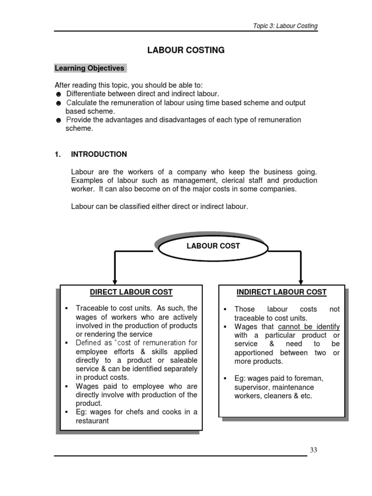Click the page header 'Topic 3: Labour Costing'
coord(285,26)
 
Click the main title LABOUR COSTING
coord(186,50)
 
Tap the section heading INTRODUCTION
coord(99,155)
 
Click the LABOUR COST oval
coord(213,246)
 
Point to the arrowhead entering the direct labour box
coord(114,279)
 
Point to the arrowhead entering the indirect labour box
coord(301,279)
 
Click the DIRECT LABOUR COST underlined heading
coord(131,292)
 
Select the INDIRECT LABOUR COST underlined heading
coord(281,292)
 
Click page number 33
coord(313,450)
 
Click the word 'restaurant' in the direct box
coord(93,421)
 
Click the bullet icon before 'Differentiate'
coord(58,94)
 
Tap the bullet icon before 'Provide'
coord(58,120)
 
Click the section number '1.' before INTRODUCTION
coord(58,155)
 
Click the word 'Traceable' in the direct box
coord(92,309)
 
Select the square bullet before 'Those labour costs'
coord(225,310)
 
